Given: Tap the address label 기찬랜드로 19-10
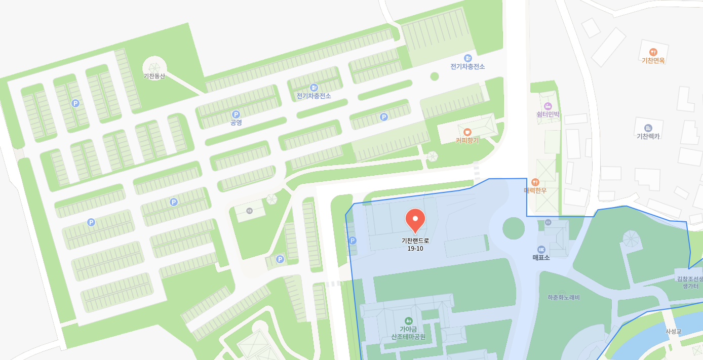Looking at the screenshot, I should tap(415, 244).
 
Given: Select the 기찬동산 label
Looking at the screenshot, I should tap(154, 76).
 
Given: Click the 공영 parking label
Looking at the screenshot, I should tap(236, 123).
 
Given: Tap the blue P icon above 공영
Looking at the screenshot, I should tap(236, 114).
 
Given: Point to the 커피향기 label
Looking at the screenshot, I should tap(467, 140).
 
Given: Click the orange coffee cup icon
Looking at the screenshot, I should tap(467, 132).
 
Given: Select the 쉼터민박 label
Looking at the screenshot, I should tap(548, 114).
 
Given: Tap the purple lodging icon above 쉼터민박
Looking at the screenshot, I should tap(548, 106).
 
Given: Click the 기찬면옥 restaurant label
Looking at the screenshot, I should tap(653, 60).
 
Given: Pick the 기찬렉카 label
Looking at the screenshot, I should tap(648, 136).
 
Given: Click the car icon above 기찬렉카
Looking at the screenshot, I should tap(648, 128).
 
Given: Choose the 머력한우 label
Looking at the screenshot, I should tap(535, 190).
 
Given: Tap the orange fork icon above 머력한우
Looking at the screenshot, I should tap(535, 182).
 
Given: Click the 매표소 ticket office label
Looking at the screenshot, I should tap(541, 257).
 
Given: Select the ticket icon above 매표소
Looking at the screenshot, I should tap(541, 249).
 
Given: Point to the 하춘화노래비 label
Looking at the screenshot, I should tap(563, 298).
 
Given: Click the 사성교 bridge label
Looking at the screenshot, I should tap(674, 332).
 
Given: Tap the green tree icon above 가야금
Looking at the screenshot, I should tap(408, 321).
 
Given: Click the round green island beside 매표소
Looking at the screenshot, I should tap(514, 228).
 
